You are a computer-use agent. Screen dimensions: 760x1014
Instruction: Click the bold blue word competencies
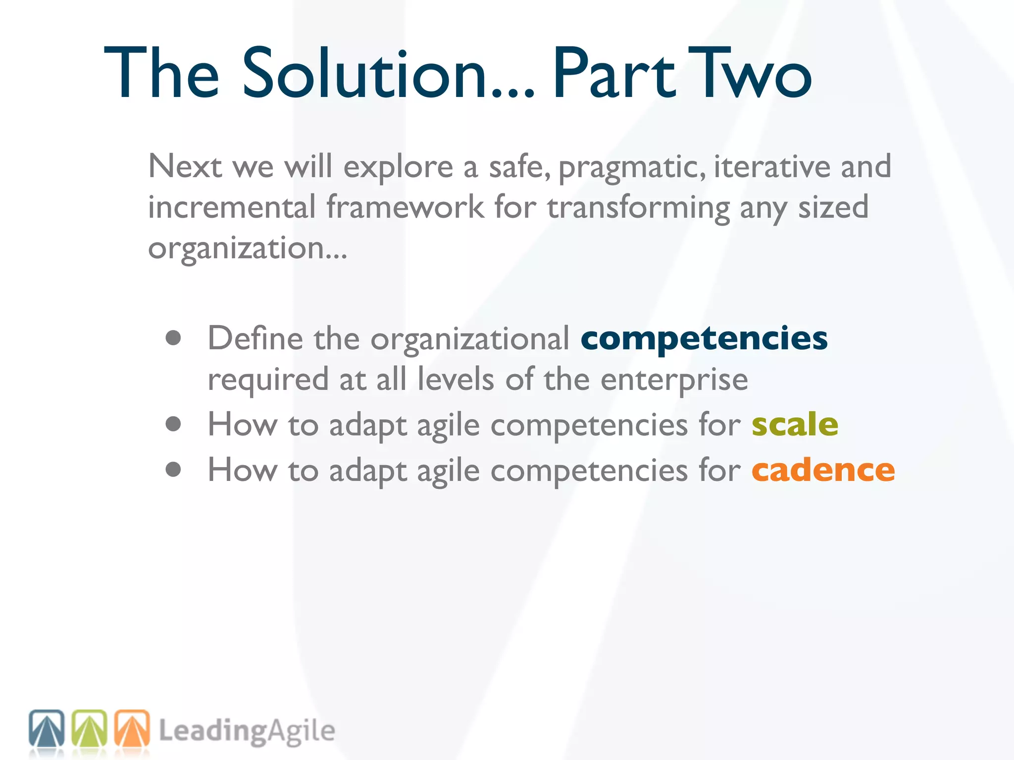[704, 339]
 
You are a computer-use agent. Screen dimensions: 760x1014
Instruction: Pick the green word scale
[795, 425]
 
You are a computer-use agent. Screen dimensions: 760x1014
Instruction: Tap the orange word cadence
[823, 470]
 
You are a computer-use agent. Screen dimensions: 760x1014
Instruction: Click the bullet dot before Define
[173, 338]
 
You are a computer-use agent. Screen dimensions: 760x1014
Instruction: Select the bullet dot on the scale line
[173, 424]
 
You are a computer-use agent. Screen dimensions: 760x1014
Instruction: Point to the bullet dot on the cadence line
[173, 469]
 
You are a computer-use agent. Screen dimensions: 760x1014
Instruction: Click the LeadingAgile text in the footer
[247, 731]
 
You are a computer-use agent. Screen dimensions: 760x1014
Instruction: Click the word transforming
[638, 208]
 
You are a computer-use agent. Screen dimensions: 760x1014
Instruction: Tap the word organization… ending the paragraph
[248, 248]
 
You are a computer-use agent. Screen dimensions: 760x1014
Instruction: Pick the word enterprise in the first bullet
[674, 380]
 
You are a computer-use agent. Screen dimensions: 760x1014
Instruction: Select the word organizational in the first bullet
[470, 339]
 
